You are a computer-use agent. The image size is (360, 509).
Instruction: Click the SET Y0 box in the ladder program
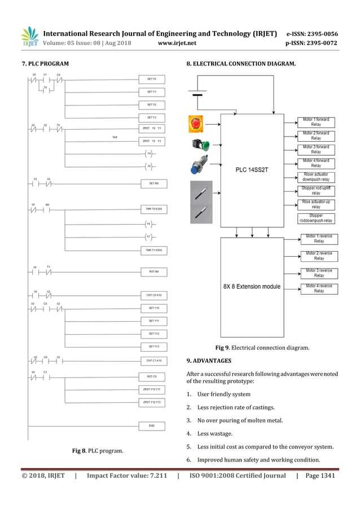152,79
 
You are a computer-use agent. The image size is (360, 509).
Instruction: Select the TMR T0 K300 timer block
152,209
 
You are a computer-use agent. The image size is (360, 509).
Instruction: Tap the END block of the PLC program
152,425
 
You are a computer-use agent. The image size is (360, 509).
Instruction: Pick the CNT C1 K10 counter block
152,360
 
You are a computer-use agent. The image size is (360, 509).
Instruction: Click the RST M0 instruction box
152,271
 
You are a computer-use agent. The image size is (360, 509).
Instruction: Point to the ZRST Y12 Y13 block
152,402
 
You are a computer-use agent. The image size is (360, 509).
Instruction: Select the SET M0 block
152,183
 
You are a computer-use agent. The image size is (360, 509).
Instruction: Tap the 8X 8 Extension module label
251,286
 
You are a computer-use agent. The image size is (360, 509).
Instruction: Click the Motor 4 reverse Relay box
319,288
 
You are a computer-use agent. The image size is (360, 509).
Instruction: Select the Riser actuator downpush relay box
316,177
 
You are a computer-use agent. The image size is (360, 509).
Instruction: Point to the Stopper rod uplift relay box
316,191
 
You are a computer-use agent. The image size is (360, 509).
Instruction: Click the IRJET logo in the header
30,37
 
